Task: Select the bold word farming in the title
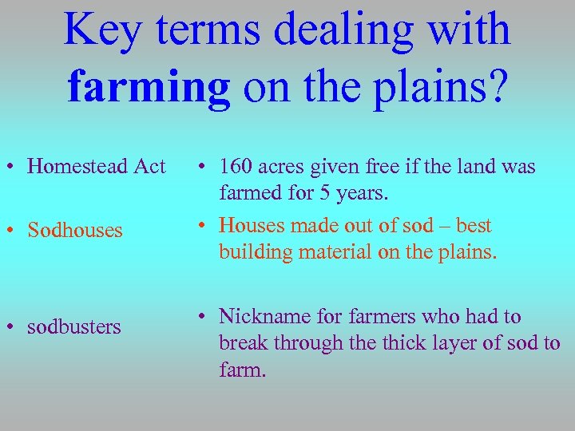[149, 88]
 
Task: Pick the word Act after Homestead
[149, 167]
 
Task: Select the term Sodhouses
[75, 231]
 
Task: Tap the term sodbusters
[74, 327]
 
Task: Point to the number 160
[237, 167]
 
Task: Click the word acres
[285, 167]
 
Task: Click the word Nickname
[264, 317]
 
